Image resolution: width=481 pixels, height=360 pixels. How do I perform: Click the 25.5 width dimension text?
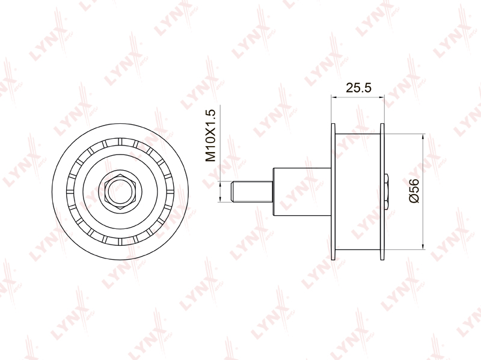[358, 88]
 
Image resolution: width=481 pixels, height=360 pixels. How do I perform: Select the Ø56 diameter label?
[414, 191]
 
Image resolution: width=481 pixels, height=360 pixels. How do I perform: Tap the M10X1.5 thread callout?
[211, 136]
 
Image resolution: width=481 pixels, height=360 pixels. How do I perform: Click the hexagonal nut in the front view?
[120, 192]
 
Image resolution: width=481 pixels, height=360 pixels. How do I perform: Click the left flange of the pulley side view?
[334, 192]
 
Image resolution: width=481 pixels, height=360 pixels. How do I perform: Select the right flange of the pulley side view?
[382, 192]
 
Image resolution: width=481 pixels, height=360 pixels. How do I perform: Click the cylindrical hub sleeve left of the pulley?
[302, 192]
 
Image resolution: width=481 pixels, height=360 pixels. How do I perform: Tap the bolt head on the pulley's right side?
[387, 192]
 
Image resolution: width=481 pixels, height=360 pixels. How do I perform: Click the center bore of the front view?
[120, 192]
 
